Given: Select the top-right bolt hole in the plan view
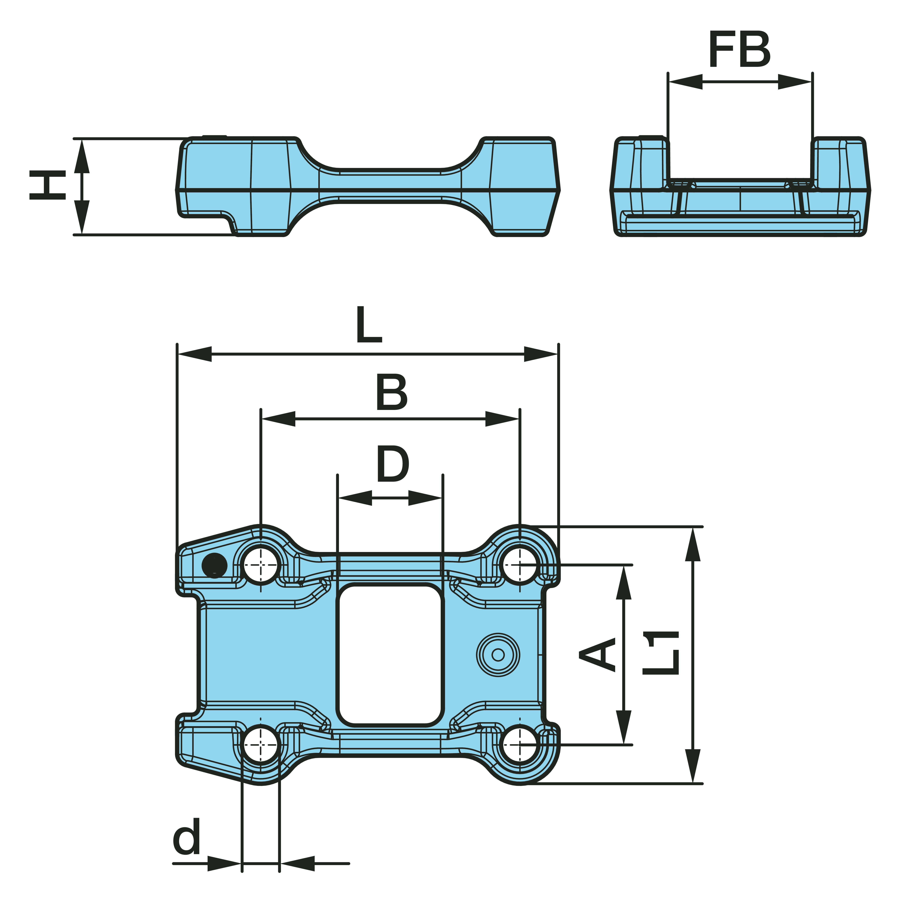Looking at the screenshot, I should click(520, 565).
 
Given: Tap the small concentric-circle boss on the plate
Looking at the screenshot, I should click(498, 655).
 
